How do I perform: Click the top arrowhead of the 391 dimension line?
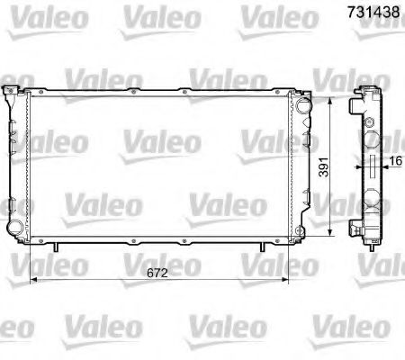pyautogui.click(x=334, y=97)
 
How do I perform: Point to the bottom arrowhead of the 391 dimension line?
pyautogui.click(x=334, y=233)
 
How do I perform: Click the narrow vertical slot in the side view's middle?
pyautogui.click(x=372, y=166)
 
